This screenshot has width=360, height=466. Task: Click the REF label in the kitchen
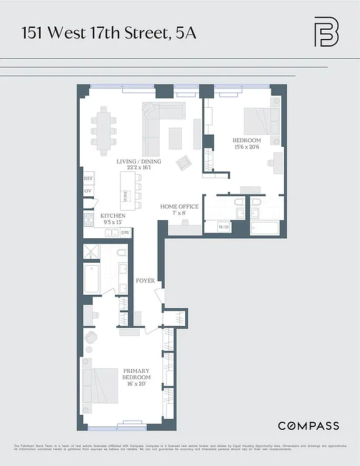(89, 179)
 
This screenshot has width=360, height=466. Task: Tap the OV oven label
(89, 191)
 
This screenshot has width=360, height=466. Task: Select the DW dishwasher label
(125, 232)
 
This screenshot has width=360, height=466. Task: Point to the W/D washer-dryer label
(224, 227)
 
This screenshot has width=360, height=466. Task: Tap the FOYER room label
(145, 281)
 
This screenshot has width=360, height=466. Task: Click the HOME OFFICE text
(179, 207)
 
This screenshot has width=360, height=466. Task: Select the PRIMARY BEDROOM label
(136, 374)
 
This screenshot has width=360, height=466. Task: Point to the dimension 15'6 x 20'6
(246, 148)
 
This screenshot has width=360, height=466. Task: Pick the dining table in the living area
(103, 131)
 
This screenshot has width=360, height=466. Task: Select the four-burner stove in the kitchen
(89, 220)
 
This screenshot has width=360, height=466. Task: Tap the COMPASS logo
(308, 426)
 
